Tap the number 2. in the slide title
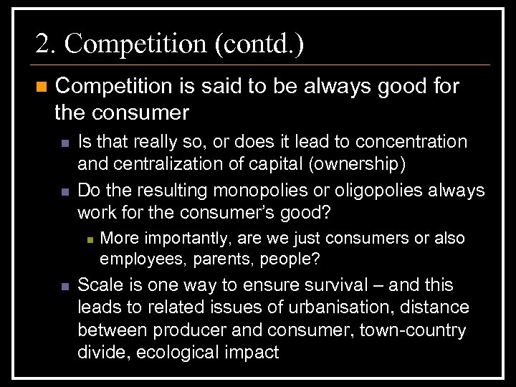[46, 44]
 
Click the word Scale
[100, 285]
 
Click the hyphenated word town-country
[403, 330]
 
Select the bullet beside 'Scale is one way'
[64, 286]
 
